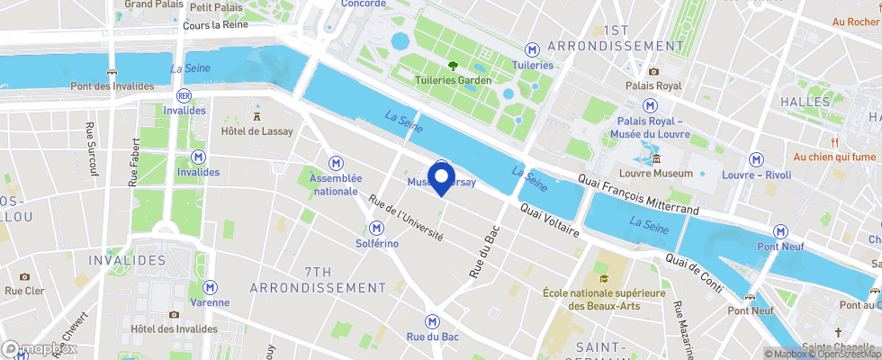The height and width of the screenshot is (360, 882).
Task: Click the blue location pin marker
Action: (x=441, y=177)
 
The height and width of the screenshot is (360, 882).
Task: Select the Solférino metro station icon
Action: (x=376, y=229)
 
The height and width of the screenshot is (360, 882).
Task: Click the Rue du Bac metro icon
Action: (x=433, y=320)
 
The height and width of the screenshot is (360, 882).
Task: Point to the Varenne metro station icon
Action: (x=210, y=286)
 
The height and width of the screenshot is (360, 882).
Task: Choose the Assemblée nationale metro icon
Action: (x=335, y=162)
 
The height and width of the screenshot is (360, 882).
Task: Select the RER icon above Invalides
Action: (x=184, y=94)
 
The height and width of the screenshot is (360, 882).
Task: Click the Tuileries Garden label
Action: (x=454, y=80)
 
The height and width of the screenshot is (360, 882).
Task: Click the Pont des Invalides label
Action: (x=112, y=86)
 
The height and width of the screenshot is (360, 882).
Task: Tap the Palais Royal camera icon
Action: (x=653, y=71)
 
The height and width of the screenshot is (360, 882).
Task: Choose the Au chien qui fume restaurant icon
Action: (x=834, y=141)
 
